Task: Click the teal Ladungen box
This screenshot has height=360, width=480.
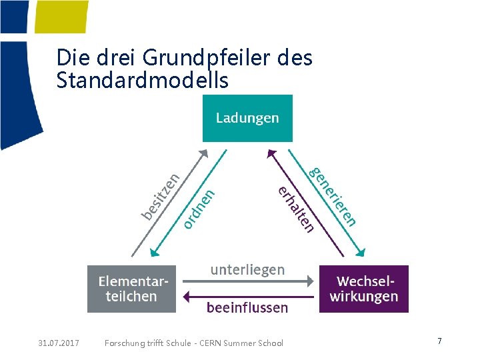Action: [x=247, y=118]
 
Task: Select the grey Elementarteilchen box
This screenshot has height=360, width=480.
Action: [x=131, y=289]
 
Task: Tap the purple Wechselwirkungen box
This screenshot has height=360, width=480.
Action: [x=363, y=289]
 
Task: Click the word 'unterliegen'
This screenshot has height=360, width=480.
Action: [x=247, y=269]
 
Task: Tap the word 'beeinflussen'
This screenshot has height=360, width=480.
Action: [x=247, y=307]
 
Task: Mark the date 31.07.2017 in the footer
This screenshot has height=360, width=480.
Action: [x=59, y=343]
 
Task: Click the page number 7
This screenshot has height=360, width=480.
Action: [x=439, y=341]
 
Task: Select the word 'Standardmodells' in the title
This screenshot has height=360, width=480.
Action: [x=143, y=81]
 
